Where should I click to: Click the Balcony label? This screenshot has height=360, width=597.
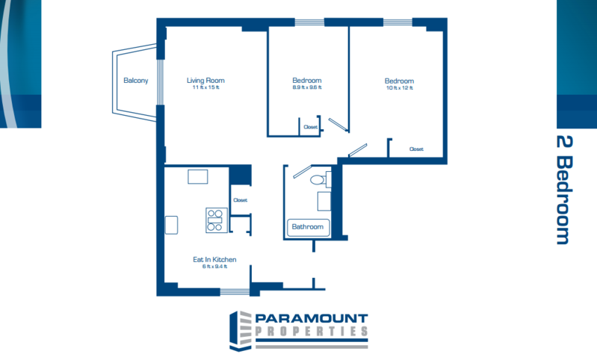click(135, 81)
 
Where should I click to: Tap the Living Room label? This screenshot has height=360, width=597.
click(205, 81)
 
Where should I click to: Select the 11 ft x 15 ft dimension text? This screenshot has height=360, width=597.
click(205, 87)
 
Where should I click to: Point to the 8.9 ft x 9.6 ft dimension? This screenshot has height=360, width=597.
click(307, 87)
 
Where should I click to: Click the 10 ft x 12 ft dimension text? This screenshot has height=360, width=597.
click(400, 88)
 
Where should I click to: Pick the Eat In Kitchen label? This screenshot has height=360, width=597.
click(214, 259)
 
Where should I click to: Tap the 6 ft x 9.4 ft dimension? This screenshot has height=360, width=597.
click(214, 267)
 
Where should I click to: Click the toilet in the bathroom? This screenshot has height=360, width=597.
click(321, 179)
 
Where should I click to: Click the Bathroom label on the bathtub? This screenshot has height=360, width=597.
click(308, 227)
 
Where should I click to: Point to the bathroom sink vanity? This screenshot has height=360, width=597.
click(324, 202)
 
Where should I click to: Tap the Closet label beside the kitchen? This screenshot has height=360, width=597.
click(241, 200)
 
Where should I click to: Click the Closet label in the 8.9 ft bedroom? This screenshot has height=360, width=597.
click(310, 127)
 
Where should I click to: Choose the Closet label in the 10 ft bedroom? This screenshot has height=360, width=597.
click(416, 149)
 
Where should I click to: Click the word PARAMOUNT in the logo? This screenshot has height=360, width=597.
click(312, 318)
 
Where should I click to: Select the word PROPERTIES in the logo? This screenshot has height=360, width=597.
click(312, 332)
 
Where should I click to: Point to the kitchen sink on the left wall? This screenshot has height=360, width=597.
click(171, 225)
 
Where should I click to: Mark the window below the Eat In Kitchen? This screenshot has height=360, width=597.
click(235, 292)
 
